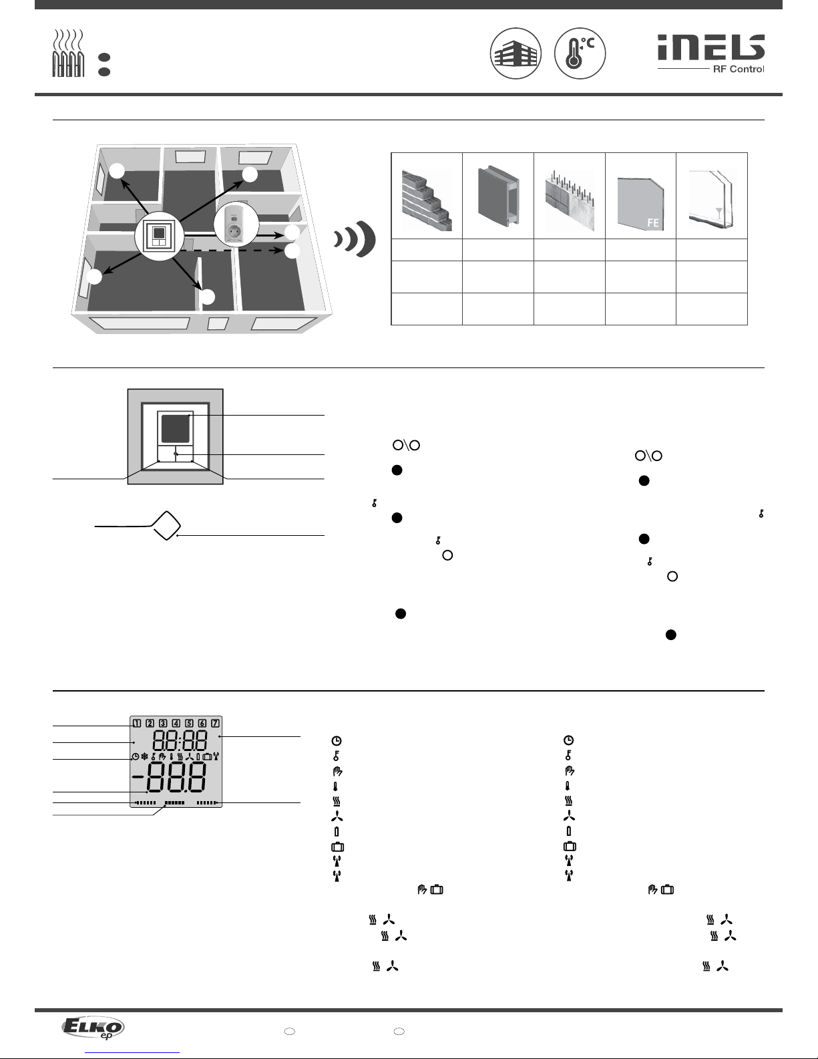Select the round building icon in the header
click(x=515, y=53)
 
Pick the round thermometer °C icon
click(x=579, y=53)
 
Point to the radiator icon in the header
click(x=67, y=54)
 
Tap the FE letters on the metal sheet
click(x=653, y=222)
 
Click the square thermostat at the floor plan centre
click(x=158, y=238)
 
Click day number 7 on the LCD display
click(x=215, y=723)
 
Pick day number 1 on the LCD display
click(x=137, y=723)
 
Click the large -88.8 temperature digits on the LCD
click(x=168, y=778)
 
